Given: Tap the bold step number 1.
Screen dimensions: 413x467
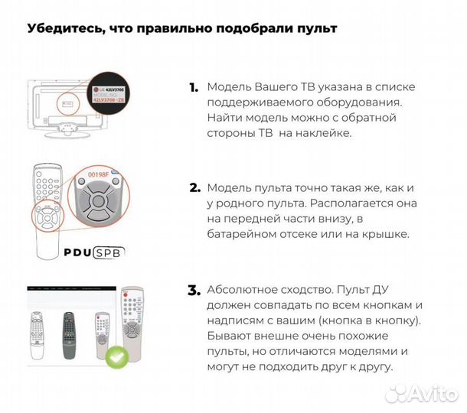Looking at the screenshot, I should [194, 88].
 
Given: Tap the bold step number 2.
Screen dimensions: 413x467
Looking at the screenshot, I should [194, 187].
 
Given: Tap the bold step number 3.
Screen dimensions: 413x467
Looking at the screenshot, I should [194, 291].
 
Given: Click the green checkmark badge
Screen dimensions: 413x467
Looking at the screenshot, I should [117, 356].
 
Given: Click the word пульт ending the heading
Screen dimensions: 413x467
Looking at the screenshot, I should [317, 29].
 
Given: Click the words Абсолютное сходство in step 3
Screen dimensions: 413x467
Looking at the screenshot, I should [263, 291].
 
